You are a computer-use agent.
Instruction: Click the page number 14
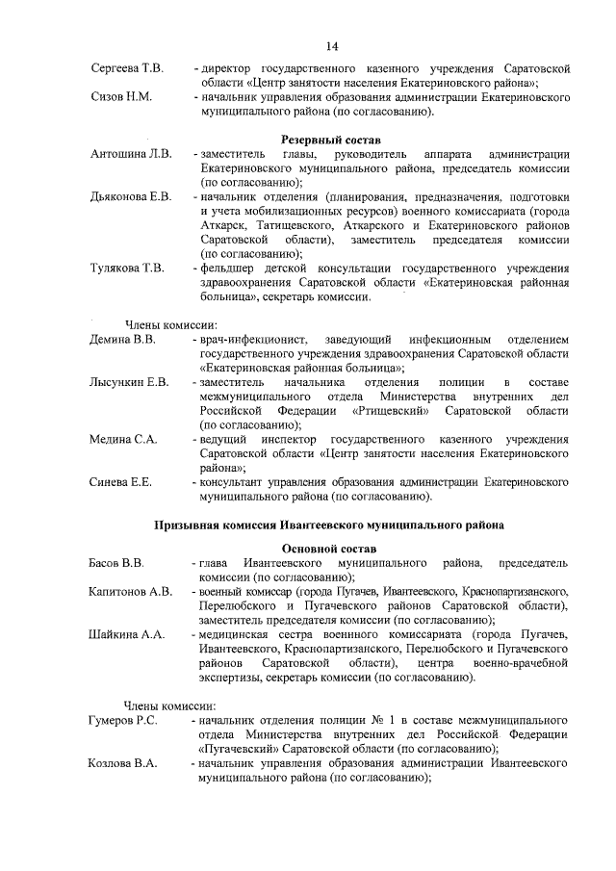(x=331, y=46)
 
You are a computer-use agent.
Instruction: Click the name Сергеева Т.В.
(x=127, y=69)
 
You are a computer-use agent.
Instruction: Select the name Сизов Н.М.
(x=121, y=97)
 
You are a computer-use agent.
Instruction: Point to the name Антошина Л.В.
(x=131, y=154)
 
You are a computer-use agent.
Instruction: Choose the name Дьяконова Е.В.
(x=131, y=196)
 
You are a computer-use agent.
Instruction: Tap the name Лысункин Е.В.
(x=129, y=382)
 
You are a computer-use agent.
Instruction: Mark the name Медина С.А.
(x=123, y=439)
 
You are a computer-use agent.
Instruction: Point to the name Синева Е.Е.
(x=120, y=481)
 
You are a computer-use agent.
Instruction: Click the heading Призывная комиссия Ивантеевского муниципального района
(x=330, y=525)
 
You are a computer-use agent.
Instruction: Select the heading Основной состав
(x=330, y=547)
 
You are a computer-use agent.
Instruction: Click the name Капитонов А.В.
(x=131, y=590)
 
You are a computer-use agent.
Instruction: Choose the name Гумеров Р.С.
(x=124, y=719)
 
